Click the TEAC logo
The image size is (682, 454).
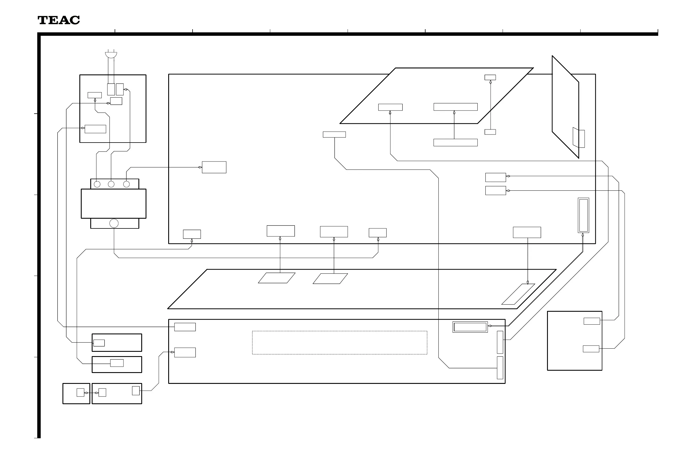pos(59,20)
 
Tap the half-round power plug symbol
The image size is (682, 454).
pos(111,55)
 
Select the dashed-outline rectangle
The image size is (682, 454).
pos(339,342)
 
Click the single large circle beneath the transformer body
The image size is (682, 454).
pos(114,223)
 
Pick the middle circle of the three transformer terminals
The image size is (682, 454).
pos(111,184)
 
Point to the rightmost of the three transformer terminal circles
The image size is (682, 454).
pos(126,184)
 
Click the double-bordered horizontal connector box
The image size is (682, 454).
pos(470,327)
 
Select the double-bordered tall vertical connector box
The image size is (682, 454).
pos(583,215)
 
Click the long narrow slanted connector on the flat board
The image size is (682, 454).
pos(518,294)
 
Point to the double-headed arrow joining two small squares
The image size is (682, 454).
pos(91,393)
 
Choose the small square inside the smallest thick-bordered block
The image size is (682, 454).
pos(80,392)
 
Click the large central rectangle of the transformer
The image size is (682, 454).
pos(113,204)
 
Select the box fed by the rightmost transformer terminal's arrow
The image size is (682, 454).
pos(214,167)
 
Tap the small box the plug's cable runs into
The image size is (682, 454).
pos(111,89)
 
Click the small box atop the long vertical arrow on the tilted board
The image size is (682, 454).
pos(490,77)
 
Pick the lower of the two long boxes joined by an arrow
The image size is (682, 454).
pos(455,143)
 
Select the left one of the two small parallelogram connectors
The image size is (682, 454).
pos(277,278)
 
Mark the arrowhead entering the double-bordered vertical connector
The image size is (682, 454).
pos(583,235)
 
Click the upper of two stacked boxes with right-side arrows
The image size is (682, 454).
pos(495,177)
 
